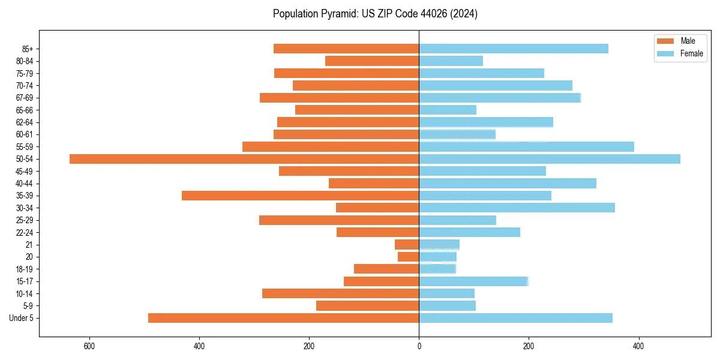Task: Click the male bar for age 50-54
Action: click(x=244, y=159)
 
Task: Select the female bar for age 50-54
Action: click(x=550, y=159)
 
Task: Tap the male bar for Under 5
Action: click(x=283, y=318)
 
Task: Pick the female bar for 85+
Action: click(x=514, y=49)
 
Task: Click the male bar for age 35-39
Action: click(x=300, y=196)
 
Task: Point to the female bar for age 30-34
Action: click(x=517, y=208)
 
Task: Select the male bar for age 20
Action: click(x=408, y=257)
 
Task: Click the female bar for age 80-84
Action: click(x=451, y=61)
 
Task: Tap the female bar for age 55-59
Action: click(x=526, y=146)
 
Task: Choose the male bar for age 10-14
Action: click(x=340, y=293)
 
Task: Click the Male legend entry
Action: click(x=680, y=41)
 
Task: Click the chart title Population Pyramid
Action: click(x=375, y=14)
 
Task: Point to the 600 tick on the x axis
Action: click(x=89, y=346)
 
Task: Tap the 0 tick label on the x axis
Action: click(x=419, y=346)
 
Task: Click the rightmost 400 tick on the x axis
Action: click(x=638, y=346)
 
